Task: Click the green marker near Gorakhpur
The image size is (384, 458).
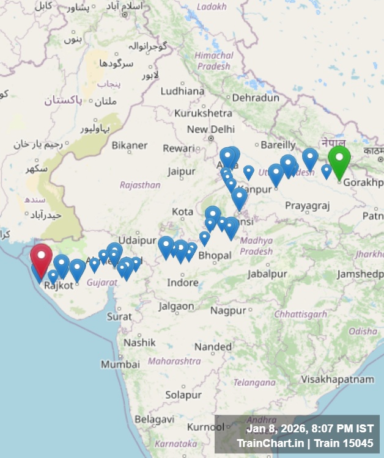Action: (339, 160)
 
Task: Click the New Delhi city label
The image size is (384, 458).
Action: (211, 129)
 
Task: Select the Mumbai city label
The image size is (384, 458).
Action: (116, 364)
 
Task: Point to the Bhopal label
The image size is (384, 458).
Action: (215, 255)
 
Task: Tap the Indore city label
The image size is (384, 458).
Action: (183, 282)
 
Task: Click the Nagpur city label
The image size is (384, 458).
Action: (228, 310)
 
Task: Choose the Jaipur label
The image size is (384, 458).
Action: (181, 171)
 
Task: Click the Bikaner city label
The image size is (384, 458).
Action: (130, 145)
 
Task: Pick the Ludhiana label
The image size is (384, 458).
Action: (182, 91)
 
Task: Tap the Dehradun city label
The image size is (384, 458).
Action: (256, 97)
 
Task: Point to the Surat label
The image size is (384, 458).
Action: (119, 316)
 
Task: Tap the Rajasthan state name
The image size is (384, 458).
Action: (140, 185)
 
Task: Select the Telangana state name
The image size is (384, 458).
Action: (254, 383)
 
